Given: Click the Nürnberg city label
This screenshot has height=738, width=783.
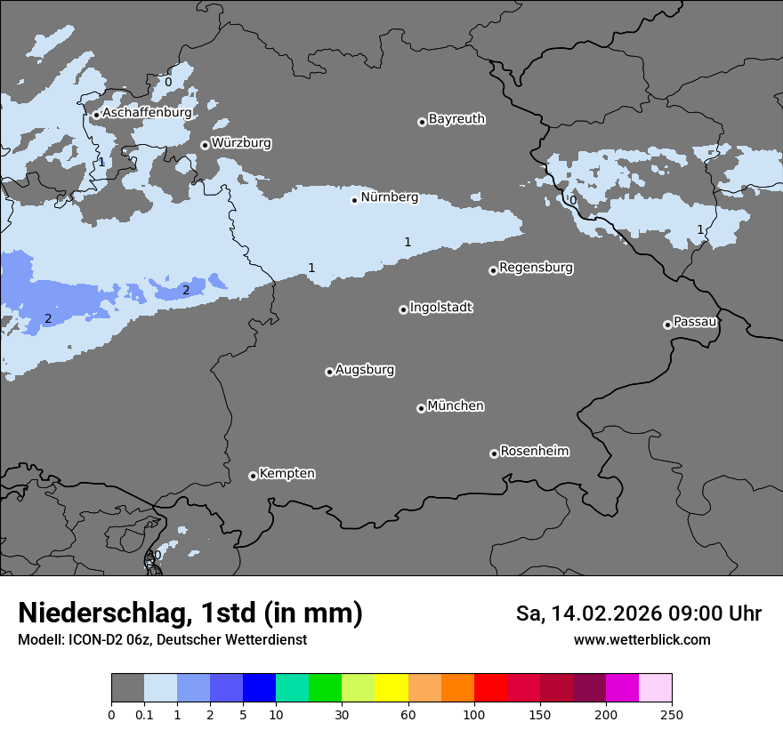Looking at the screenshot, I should click(389, 197).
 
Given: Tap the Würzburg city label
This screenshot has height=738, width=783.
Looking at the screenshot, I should click(241, 142).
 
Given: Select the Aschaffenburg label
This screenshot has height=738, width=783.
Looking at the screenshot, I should click(147, 113).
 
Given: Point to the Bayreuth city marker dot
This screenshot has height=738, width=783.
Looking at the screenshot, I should click(422, 122).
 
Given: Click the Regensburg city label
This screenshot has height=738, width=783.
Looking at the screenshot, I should click(536, 268).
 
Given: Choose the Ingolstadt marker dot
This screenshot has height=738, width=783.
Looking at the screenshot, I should click(403, 309).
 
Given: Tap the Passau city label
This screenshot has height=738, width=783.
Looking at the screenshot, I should click(695, 322).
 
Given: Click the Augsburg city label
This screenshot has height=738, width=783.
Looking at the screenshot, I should click(365, 370).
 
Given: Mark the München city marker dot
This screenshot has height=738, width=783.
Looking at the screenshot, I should click(421, 408).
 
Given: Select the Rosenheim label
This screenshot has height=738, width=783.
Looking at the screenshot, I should click(534, 451).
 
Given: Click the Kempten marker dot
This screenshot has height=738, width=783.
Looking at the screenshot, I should click(253, 476).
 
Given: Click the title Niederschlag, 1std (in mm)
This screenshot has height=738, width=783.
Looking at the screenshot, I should click(190, 614).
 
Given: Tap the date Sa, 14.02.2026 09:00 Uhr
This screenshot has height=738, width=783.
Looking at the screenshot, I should click(638, 614).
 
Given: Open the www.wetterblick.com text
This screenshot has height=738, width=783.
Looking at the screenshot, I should click(642, 639).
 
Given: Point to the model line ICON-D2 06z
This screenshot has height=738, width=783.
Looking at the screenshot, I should click(162, 639).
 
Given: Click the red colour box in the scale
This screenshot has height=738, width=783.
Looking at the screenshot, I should click(490, 688).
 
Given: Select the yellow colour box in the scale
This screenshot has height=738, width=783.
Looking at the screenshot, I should click(391, 688).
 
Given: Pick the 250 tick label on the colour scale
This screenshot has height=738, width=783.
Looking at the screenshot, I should click(672, 714).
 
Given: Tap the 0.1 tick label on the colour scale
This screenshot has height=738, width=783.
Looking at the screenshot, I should click(144, 714).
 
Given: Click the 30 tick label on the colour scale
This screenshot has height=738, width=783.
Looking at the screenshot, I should click(342, 714).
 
